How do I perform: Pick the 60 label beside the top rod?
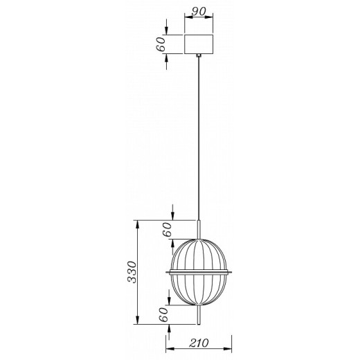click(167, 231)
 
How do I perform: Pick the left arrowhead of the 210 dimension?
click(169, 351)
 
